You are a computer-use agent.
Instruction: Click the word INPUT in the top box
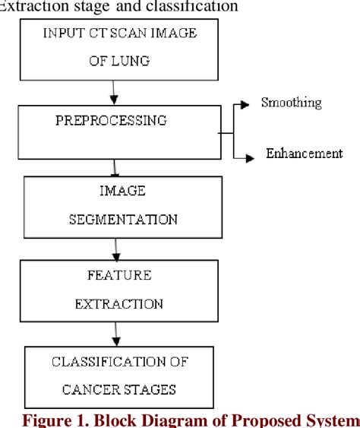[63, 33]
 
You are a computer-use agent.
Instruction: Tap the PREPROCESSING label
[111, 120]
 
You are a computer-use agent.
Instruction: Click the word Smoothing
[291, 103]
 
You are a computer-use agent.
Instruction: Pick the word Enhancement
[304, 154]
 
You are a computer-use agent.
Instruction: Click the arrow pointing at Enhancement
[245, 157]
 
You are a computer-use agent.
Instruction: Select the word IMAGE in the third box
[122, 192]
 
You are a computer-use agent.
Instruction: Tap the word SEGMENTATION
[123, 220]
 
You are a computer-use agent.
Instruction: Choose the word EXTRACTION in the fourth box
[118, 304]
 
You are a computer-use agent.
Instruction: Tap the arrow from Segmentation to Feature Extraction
[115, 248]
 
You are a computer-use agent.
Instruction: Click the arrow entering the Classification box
[115, 332]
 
